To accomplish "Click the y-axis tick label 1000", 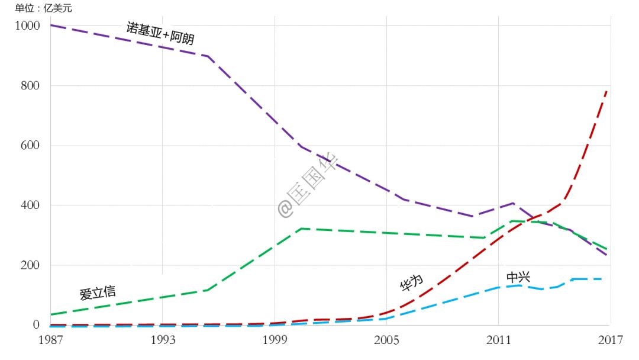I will (x=28, y=26).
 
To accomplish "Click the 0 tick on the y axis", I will (x=36, y=325).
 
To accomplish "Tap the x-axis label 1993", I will (x=163, y=340).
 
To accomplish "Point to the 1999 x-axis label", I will (x=275, y=340).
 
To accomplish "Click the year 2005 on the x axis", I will (x=386, y=340).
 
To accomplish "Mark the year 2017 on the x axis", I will (x=609, y=340).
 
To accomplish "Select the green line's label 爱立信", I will (x=98, y=292).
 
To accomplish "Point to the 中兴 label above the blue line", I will (x=518, y=277).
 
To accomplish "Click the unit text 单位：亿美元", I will (x=44, y=8).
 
